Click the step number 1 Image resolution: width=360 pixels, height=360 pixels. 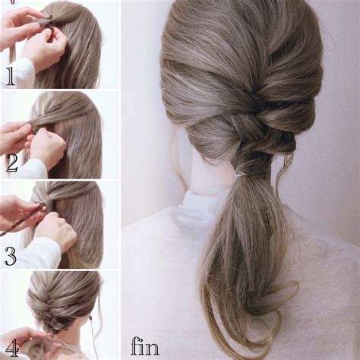click(x=11, y=77)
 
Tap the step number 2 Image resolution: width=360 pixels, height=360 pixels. click(x=12, y=163)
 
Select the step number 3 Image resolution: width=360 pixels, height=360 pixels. click(x=11, y=257)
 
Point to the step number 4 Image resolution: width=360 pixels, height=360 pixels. click(x=12, y=348)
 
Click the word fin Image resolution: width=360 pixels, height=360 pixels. click(x=145, y=346)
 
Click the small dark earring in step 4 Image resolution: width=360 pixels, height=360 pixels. click(x=90, y=317)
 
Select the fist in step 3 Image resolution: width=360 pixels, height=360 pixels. click(x=55, y=230)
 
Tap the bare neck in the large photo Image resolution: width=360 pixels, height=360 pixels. click(x=214, y=175)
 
